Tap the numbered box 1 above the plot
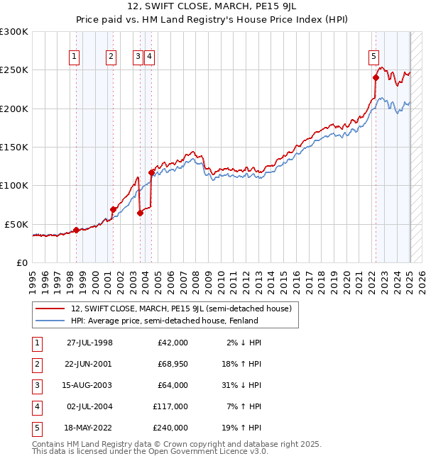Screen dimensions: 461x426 click(75, 58)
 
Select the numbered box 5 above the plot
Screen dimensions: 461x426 click(373, 58)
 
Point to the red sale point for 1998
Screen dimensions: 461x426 click(77, 230)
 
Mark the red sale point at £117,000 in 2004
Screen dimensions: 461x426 click(151, 172)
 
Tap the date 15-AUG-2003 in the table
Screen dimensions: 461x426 click(89, 386)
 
